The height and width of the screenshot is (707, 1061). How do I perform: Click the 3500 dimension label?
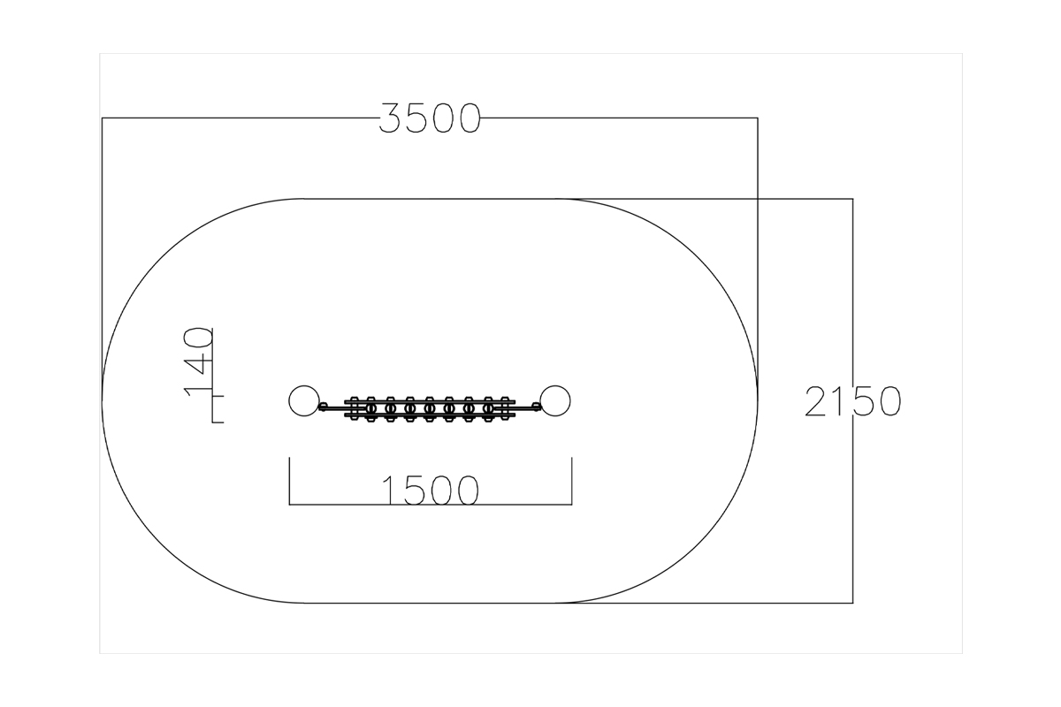430,118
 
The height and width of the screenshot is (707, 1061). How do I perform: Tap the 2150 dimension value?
852,401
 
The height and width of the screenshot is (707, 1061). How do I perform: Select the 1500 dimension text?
431,490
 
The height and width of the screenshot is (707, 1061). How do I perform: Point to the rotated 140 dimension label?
198,362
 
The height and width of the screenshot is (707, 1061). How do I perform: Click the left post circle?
304,401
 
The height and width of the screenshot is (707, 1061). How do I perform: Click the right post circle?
555,401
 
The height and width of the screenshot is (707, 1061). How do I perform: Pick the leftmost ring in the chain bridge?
370,408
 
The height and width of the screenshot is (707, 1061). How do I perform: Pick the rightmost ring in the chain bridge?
488,408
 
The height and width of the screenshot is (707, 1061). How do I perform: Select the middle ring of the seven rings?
430,408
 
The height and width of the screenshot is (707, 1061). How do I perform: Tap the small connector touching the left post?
323,407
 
